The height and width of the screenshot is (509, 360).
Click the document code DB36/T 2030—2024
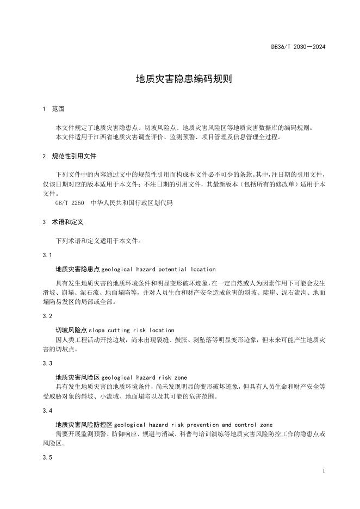click(x=298, y=47)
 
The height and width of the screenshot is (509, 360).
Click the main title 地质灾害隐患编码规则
click(x=179, y=79)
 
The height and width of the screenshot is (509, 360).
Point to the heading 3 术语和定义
click(x=63, y=222)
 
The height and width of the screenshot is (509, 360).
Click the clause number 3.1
click(x=47, y=255)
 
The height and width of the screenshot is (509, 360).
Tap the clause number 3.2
click(x=47, y=316)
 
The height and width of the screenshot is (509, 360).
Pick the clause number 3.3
click(x=47, y=363)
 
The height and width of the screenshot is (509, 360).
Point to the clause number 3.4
click(x=47, y=410)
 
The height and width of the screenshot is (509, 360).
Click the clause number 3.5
click(x=47, y=457)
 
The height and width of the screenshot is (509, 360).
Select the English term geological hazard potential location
click(x=158, y=269)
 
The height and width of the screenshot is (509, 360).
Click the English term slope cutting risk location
click(x=132, y=330)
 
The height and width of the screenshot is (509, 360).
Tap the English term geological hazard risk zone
click(x=144, y=377)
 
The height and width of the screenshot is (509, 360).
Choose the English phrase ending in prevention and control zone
click(x=187, y=424)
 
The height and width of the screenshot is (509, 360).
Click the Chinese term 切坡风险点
click(x=72, y=330)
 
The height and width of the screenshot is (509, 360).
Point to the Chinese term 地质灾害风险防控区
click(x=78, y=424)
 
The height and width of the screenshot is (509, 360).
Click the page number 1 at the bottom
click(x=324, y=471)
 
